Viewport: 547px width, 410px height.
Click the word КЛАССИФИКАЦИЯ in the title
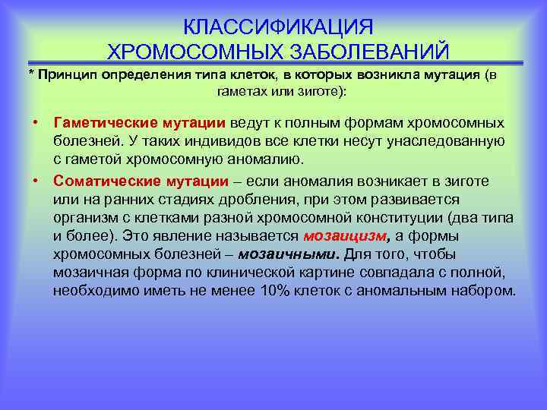pos(278,27)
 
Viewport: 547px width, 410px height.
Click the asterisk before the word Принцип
pos(31,75)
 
